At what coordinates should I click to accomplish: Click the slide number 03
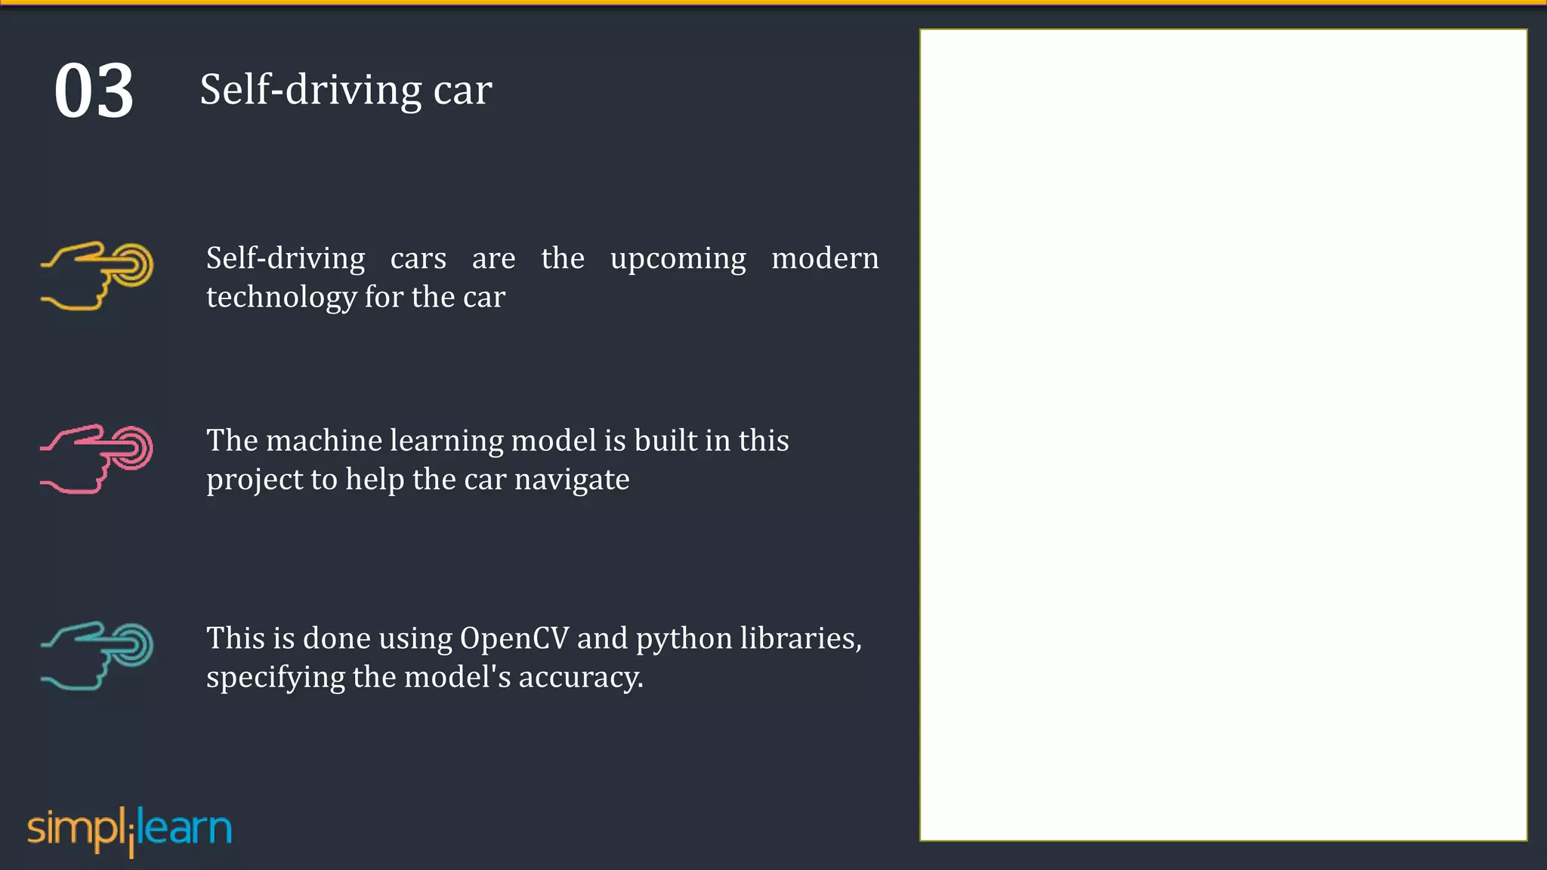pyautogui.click(x=94, y=91)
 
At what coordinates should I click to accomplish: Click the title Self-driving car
pyautogui.click(x=345, y=90)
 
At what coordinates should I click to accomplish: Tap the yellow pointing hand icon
pyautogui.click(x=97, y=276)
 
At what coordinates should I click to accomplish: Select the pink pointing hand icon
pyautogui.click(x=97, y=458)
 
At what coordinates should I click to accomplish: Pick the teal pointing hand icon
pyautogui.click(x=97, y=656)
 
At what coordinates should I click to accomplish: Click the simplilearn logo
pyautogui.click(x=129, y=829)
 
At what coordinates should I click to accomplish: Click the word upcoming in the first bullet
pyautogui.click(x=678, y=259)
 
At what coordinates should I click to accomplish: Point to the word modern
pyautogui.click(x=825, y=258)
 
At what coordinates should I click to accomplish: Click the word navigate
pyautogui.click(x=571, y=480)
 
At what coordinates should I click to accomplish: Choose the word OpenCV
pyautogui.click(x=514, y=639)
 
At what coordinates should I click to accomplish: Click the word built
pyautogui.click(x=665, y=440)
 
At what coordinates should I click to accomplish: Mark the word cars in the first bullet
pyautogui.click(x=418, y=259)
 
